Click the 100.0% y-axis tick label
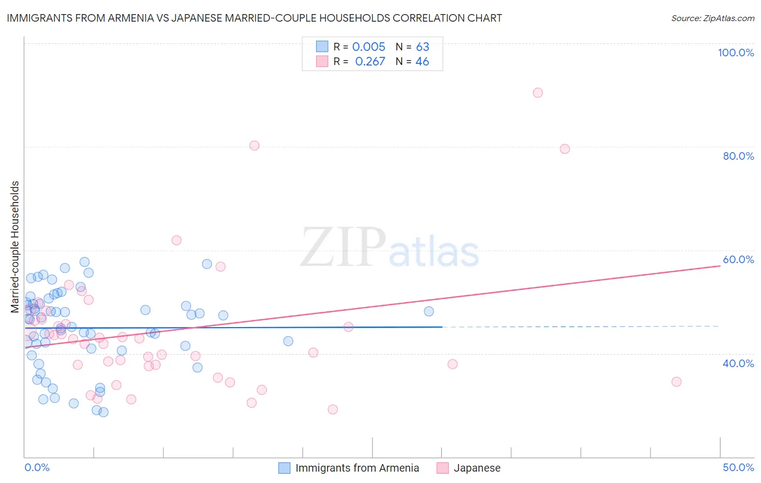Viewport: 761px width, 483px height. coord(736,53)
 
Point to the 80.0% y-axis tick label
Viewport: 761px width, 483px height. coord(738,156)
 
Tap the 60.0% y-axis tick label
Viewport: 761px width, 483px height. coord(738,259)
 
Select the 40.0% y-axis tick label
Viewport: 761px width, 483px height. coord(738,363)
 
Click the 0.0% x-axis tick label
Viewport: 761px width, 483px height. coord(37,467)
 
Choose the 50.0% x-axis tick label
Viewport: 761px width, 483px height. coord(738,467)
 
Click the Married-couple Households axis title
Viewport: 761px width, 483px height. coord(15,247)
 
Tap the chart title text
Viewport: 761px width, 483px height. coord(254,18)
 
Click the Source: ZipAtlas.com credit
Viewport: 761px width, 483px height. coord(712,18)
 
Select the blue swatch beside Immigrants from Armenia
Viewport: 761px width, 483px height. coord(285,468)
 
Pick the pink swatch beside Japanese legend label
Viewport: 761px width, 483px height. coord(443,468)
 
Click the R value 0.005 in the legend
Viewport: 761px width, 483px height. coord(369,47)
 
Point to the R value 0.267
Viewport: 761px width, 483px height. coord(370,61)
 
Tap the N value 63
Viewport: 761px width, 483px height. coord(422,47)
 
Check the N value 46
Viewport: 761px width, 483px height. coord(422,61)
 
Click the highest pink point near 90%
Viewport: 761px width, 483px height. coord(537,93)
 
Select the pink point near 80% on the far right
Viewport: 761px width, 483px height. coord(565,149)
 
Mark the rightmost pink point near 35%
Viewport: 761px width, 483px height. coord(676,382)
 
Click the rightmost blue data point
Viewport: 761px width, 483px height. coord(429,311)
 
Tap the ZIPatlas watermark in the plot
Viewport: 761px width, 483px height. coord(390,248)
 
